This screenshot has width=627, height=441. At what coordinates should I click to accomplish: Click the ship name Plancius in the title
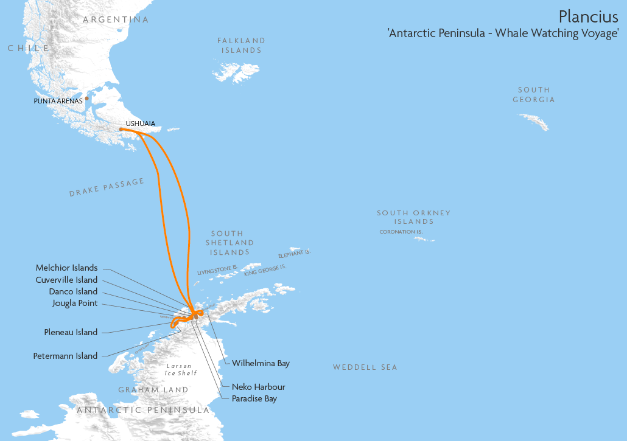click(588, 16)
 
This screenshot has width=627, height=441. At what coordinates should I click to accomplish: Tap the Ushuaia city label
click(140, 123)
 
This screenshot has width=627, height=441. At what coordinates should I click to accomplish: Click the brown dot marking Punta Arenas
click(87, 98)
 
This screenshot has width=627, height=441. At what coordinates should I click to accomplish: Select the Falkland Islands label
click(242, 45)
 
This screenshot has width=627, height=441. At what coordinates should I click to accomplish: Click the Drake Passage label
click(107, 187)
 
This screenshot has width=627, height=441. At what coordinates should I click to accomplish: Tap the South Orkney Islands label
click(413, 217)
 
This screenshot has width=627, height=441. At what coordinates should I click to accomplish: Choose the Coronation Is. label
click(401, 232)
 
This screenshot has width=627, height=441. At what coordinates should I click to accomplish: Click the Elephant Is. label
click(295, 253)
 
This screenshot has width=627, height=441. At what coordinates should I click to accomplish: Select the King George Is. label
click(265, 270)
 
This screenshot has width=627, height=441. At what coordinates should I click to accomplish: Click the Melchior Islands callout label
click(66, 268)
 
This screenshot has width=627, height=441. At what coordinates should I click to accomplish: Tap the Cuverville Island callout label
click(66, 280)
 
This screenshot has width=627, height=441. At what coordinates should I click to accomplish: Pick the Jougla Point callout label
click(74, 304)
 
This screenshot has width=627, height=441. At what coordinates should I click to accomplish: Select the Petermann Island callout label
click(65, 356)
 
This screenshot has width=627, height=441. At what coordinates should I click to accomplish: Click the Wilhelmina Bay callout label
click(261, 363)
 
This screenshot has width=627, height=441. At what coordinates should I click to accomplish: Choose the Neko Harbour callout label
click(258, 387)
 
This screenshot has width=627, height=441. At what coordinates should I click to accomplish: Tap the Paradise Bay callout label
click(254, 398)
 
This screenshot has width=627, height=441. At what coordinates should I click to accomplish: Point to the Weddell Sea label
click(365, 367)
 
